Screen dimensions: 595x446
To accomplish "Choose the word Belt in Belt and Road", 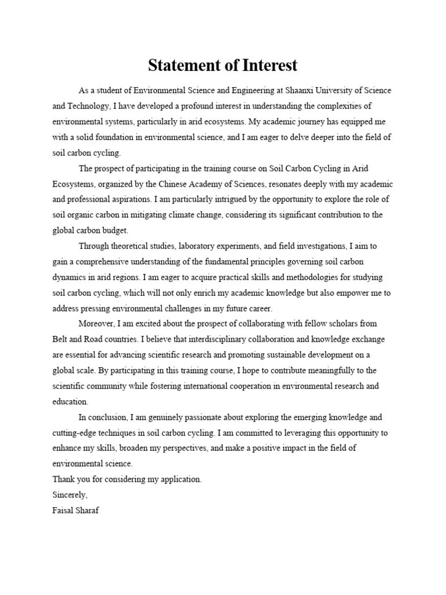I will pyautogui.click(x=60, y=339).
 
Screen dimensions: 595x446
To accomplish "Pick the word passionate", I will pyautogui.click(x=195, y=417).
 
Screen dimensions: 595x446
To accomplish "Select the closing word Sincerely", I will pyautogui.click(x=70, y=494).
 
